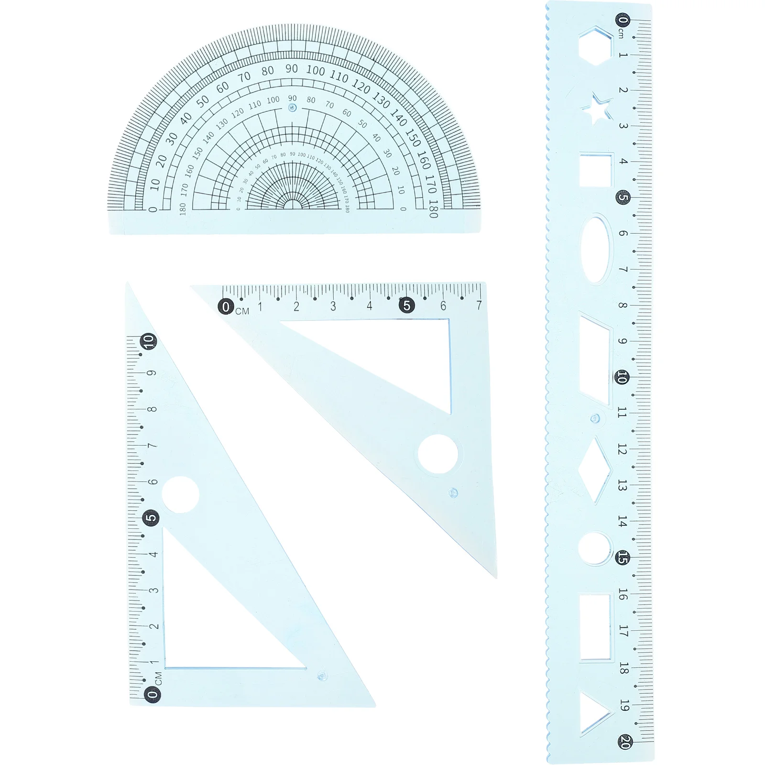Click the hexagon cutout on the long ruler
(595, 46)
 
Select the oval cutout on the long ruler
(596, 249)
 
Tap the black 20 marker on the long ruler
(624, 742)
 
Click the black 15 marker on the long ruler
(623, 557)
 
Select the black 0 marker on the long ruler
(623, 20)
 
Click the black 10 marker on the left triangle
(149, 341)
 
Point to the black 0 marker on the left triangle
(152, 694)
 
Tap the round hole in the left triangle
(180, 494)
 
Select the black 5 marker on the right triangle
(406, 305)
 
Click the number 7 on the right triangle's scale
(479, 305)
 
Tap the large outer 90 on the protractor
(292, 69)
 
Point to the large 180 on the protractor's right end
(433, 209)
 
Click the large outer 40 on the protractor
(186, 118)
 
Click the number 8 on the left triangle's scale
(152, 409)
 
